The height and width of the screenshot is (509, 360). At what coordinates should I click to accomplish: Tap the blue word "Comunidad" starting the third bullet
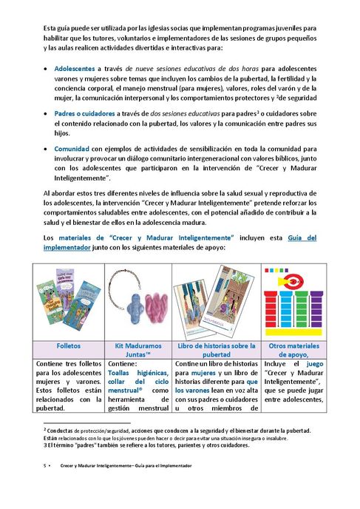tap(72, 148)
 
